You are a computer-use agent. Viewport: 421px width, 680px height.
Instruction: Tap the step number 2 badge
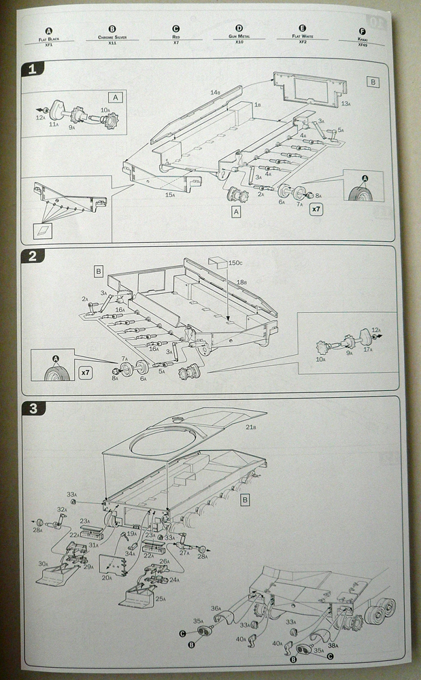pyautogui.click(x=31, y=256)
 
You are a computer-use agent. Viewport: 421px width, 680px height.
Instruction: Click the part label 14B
pyautogui.click(x=215, y=92)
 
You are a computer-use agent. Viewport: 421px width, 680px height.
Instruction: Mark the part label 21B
pyautogui.click(x=250, y=427)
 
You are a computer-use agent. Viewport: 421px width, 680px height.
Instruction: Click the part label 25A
pyautogui.click(x=161, y=598)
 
